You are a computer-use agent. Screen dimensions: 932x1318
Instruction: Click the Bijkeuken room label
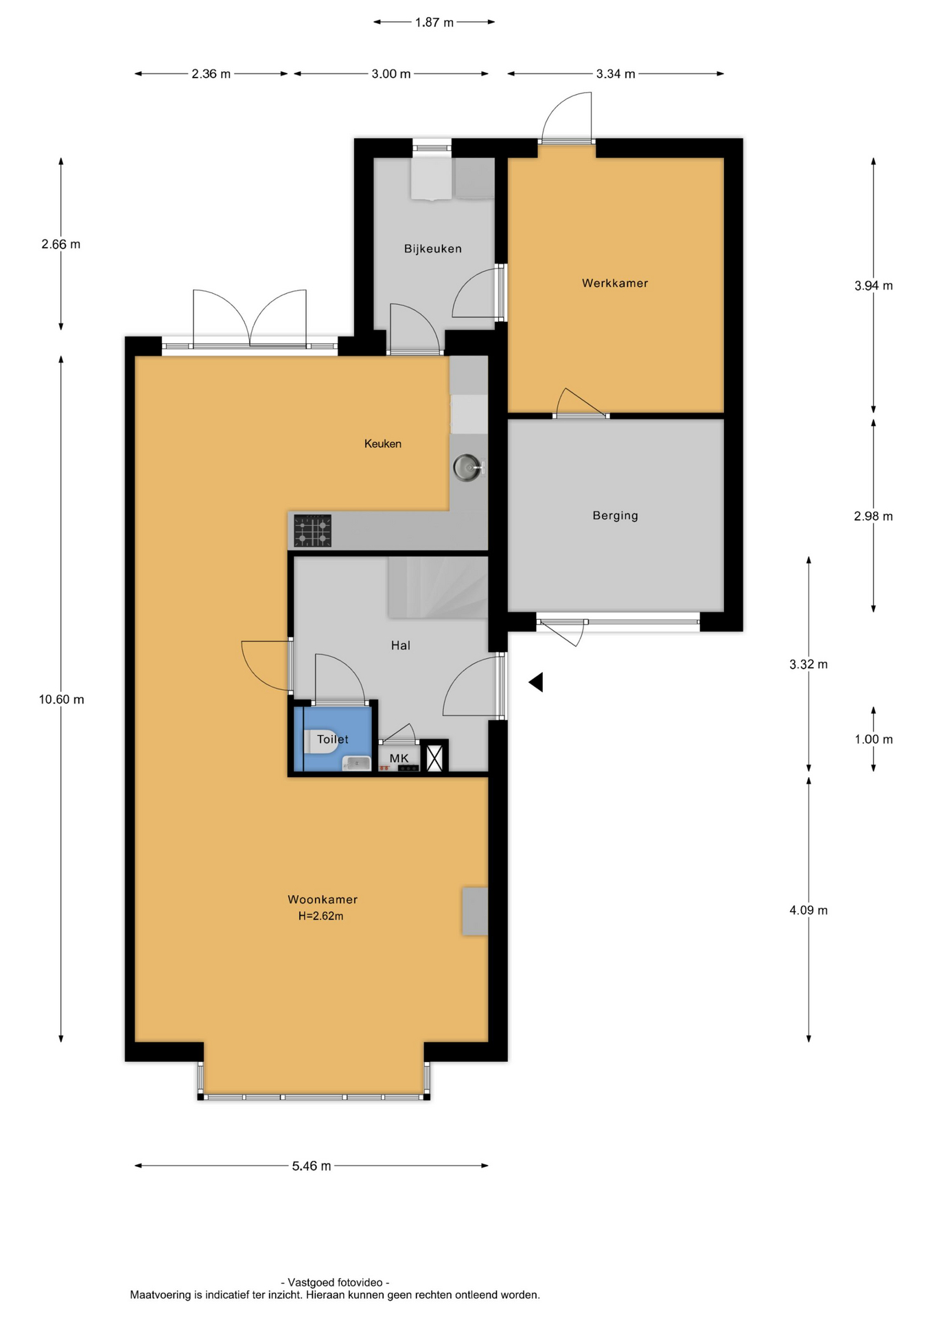click(432, 248)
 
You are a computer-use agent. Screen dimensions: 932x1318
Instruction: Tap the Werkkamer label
click(615, 283)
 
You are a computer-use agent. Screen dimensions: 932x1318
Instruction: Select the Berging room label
click(615, 516)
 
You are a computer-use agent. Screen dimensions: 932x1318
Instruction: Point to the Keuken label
click(383, 443)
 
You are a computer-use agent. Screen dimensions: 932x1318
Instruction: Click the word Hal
click(401, 645)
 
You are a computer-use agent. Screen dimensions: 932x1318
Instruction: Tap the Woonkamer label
click(323, 899)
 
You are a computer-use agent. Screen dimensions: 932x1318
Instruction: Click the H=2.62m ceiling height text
click(321, 916)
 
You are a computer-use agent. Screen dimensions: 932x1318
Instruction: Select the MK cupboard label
click(399, 758)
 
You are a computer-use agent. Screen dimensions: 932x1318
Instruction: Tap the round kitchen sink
click(467, 468)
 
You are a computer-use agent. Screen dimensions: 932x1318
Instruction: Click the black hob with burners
click(312, 531)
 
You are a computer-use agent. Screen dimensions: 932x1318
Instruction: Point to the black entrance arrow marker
click(536, 682)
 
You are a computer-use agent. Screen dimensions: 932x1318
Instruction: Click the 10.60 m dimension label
click(62, 700)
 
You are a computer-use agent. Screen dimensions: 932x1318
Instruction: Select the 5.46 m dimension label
click(312, 1166)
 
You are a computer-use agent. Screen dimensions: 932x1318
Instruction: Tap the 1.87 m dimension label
click(434, 23)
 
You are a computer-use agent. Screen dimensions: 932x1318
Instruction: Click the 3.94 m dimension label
click(874, 286)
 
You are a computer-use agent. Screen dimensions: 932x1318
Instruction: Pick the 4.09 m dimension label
click(808, 910)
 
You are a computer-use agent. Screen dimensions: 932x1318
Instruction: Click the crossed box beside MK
click(434, 757)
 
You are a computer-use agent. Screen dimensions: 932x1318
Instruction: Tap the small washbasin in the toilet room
click(356, 763)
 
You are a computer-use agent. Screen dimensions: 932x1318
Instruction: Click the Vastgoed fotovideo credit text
click(335, 1282)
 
